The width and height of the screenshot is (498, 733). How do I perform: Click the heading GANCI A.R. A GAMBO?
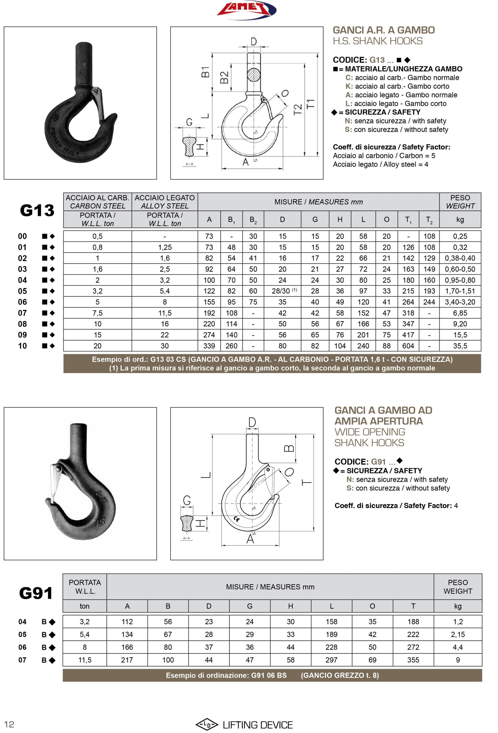pos(383,30)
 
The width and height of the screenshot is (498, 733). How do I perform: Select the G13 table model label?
pos(37,210)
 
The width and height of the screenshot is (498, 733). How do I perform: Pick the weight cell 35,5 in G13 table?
pos(460,346)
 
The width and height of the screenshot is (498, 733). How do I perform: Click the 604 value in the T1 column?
pos(408,346)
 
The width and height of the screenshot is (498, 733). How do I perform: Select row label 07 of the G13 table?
pos(22,313)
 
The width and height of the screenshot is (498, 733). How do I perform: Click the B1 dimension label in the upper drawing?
pos(205,72)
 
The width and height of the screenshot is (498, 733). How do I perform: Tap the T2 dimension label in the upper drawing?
pos(297,109)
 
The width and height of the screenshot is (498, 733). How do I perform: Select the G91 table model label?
pos(36,593)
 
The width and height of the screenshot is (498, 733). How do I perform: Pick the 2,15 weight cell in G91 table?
pos(458,634)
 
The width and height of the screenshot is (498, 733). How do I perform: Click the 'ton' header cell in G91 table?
pos(85,606)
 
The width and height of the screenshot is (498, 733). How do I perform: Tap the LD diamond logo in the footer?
pos(207,725)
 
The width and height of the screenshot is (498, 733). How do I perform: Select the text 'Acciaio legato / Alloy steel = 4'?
pos(380,164)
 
